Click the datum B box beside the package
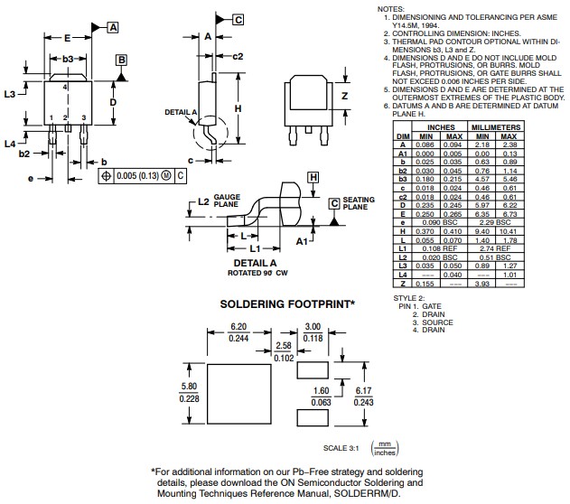pyautogui.click(x=120, y=61)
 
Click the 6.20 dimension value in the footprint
pyautogui.click(x=238, y=326)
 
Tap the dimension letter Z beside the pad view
pyautogui.click(x=344, y=97)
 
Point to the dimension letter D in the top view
pyautogui.click(x=113, y=103)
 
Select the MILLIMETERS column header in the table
pyautogui.click(x=495, y=128)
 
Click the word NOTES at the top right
pyautogui.click(x=391, y=8)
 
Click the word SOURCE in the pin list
pyautogui.click(x=438, y=322)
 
